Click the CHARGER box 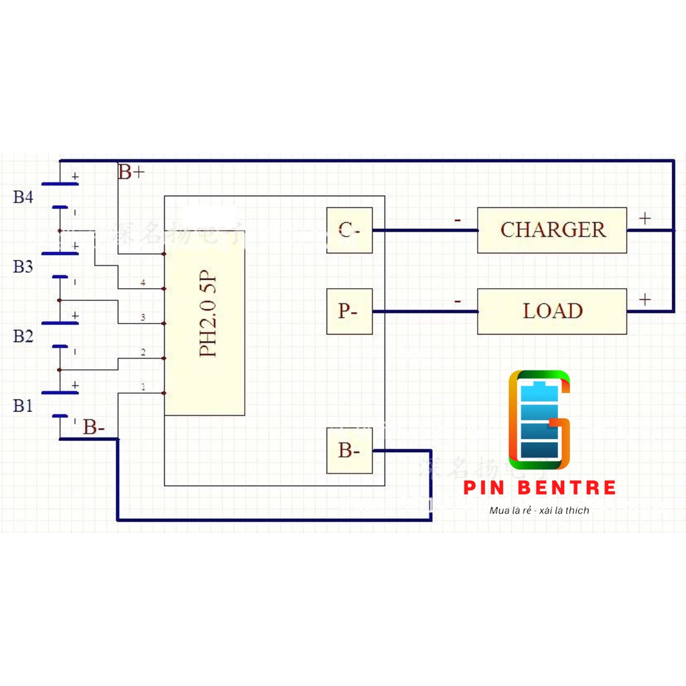pyautogui.click(x=552, y=230)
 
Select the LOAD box pyautogui.click(x=552, y=311)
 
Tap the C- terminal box pyautogui.click(x=349, y=230)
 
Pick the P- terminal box pyautogui.click(x=349, y=312)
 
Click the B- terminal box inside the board pyautogui.click(x=349, y=451)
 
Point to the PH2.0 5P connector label pyautogui.click(x=208, y=314)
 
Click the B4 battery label pyautogui.click(x=23, y=197)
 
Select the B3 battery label pyautogui.click(x=23, y=267)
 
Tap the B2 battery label pyautogui.click(x=23, y=336)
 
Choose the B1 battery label pyautogui.click(x=23, y=406)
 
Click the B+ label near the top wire pyautogui.click(x=131, y=172)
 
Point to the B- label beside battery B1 pyautogui.click(x=94, y=427)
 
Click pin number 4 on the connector pyautogui.click(x=143, y=283)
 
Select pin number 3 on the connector pyautogui.click(x=143, y=317)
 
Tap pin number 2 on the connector pyautogui.click(x=143, y=352)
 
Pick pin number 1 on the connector pyautogui.click(x=143, y=387)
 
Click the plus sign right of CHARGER pyautogui.click(x=644, y=218)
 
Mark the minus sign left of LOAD pyautogui.click(x=458, y=301)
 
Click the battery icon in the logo pyautogui.click(x=539, y=420)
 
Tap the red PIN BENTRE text pyautogui.click(x=539, y=487)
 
